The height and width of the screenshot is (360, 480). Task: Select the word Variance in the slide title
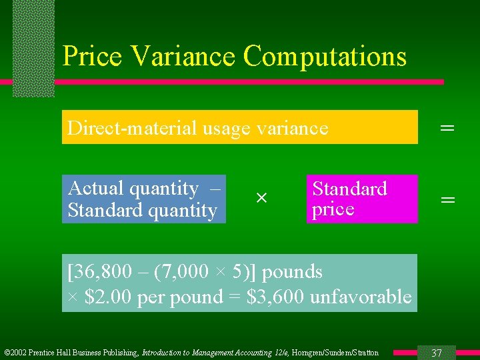click(x=183, y=56)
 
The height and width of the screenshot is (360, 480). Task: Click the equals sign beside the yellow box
click(x=447, y=127)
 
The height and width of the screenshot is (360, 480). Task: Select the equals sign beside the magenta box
click(x=448, y=199)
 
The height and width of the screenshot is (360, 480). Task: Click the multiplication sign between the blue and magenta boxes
click(x=261, y=198)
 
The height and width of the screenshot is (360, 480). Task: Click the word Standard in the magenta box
click(x=349, y=189)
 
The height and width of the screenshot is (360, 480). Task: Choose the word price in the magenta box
click(x=333, y=209)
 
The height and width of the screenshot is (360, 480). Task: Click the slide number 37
click(x=437, y=353)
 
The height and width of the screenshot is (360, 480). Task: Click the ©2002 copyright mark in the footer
click(x=17, y=353)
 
